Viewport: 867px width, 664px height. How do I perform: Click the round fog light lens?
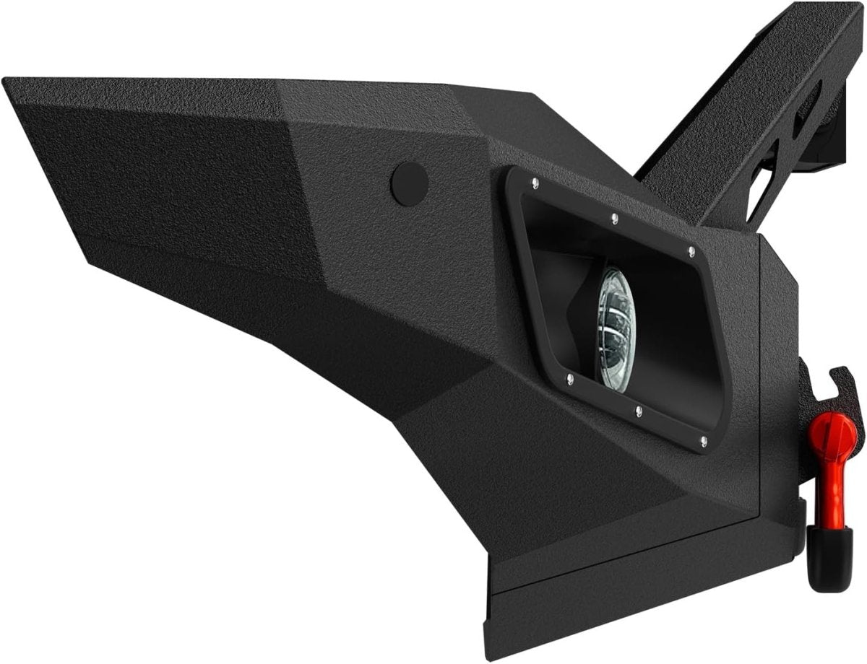click(x=613, y=328)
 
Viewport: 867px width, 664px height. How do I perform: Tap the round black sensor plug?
click(x=410, y=183)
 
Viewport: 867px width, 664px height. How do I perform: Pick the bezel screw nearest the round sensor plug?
click(x=533, y=181)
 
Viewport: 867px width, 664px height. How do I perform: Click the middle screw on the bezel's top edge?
click(x=613, y=217)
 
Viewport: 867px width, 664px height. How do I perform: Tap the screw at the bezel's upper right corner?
click(x=691, y=251)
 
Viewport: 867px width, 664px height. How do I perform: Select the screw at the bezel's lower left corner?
click(x=570, y=378)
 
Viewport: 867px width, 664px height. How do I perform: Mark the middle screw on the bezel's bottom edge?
click(x=639, y=411)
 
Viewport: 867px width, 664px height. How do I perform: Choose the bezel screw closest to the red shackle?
click(x=704, y=440)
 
